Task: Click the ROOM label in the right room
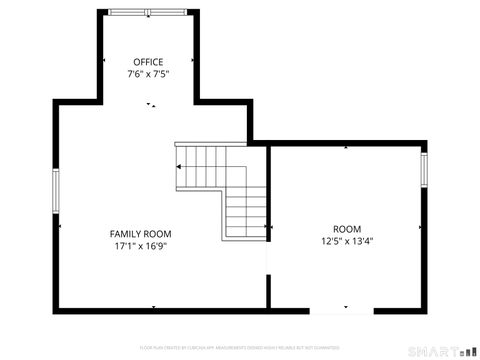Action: pos(347,229)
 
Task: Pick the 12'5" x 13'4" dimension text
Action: pos(347,241)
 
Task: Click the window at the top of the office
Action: pos(147,12)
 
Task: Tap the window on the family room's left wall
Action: pos(56,187)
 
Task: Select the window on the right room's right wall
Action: pos(424,169)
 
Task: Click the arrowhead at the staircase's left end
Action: pos(179,166)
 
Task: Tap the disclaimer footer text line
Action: pos(240,347)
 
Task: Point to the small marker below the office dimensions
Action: pos(152,104)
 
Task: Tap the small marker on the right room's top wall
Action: pos(346,147)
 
